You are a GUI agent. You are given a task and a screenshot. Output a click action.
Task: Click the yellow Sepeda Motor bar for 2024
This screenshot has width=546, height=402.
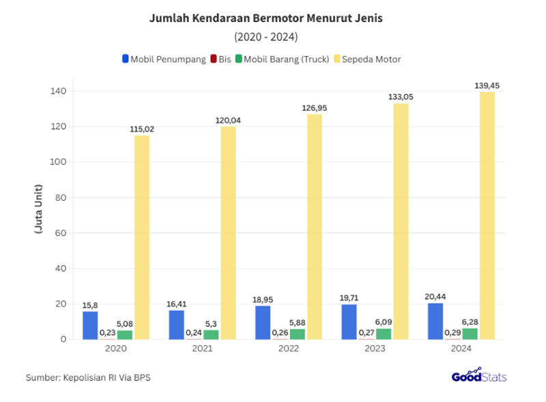(x=487, y=215)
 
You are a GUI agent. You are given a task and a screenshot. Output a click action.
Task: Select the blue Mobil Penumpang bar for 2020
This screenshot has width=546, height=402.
(x=90, y=325)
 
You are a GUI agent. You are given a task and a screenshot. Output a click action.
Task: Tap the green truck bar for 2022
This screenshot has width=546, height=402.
(x=297, y=334)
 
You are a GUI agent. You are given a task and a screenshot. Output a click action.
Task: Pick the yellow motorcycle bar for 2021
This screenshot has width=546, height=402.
(x=228, y=232)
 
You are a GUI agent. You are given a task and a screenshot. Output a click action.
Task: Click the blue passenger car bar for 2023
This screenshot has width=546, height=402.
(x=349, y=321)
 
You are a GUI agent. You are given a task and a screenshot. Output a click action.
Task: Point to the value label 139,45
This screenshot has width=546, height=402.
(x=487, y=86)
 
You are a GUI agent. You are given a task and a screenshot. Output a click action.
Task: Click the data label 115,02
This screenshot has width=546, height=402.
(x=142, y=129)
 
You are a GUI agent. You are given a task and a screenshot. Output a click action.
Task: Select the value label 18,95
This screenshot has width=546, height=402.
(x=263, y=300)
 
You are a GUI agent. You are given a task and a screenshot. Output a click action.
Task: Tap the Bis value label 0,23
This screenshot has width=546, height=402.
(x=107, y=332)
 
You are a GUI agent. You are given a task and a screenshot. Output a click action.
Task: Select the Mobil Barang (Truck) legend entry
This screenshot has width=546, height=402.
(x=283, y=59)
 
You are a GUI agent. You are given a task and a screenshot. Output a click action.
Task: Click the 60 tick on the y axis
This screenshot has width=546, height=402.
(x=60, y=233)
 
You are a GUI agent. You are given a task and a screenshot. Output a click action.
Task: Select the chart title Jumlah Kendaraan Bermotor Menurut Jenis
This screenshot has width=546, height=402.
(x=266, y=18)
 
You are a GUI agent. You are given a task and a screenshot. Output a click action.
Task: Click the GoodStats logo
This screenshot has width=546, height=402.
(x=479, y=375)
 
